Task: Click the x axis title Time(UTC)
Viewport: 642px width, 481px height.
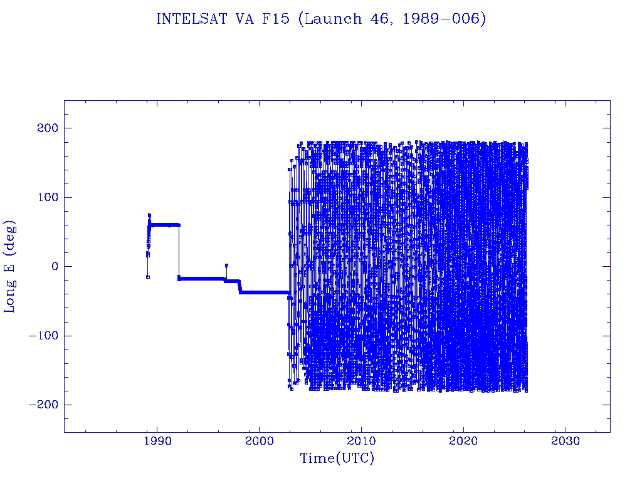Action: (x=337, y=459)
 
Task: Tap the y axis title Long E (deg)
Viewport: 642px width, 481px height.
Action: (x=11, y=266)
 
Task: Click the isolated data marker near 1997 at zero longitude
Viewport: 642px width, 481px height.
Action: (x=226, y=266)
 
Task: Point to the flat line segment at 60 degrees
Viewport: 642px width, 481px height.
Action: (x=165, y=225)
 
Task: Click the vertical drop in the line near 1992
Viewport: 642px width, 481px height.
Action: (x=179, y=251)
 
